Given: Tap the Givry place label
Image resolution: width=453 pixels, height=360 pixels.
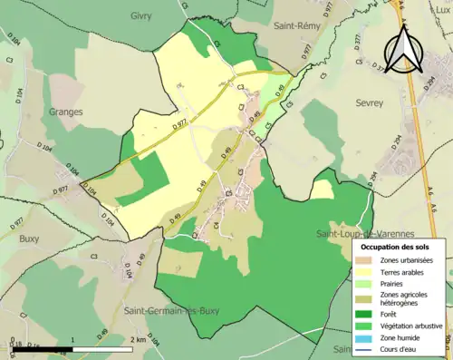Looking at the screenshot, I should [140, 16].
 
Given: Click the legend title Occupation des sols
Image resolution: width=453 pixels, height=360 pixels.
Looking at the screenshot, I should [398, 247].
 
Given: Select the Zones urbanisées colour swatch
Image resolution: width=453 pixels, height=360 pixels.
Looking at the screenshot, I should [367, 260].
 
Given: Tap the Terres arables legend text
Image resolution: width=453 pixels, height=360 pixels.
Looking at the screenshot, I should [405, 272].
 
